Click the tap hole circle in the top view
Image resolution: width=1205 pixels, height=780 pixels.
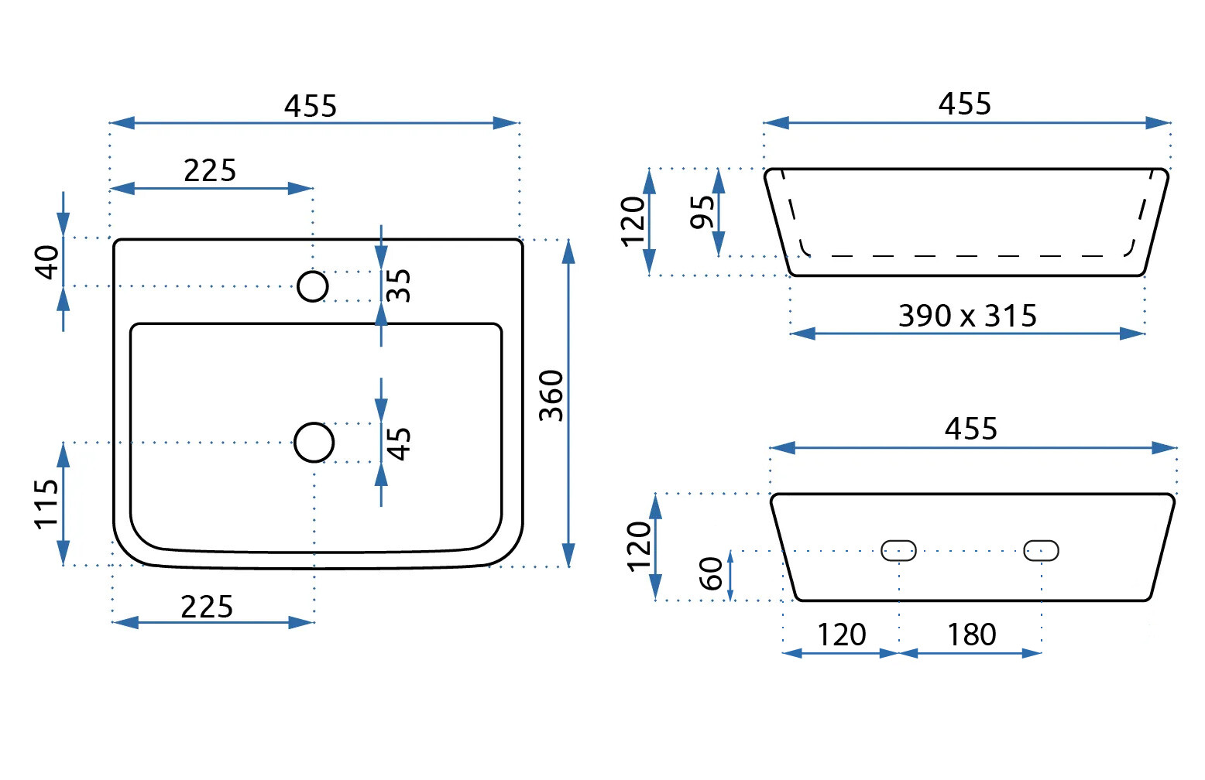tap(313, 286)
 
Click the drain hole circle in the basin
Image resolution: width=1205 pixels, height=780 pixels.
tap(314, 443)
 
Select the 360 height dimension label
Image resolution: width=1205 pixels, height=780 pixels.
tap(551, 395)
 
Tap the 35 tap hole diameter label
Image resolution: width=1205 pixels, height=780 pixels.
tap(398, 286)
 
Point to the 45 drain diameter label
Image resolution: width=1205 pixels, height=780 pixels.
tap(398, 443)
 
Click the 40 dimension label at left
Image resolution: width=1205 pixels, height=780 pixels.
tap(47, 262)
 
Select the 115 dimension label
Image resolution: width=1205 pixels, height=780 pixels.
tap(47, 504)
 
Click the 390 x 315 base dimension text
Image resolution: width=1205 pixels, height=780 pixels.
tap(967, 316)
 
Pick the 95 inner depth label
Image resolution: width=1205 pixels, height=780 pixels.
tap(702, 212)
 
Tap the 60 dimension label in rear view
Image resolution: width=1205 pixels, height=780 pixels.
tap(710, 573)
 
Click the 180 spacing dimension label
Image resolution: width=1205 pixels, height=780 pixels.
tap(971, 635)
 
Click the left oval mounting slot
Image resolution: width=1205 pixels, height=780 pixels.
tap(898, 550)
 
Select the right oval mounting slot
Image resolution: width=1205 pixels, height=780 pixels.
tap(1041, 550)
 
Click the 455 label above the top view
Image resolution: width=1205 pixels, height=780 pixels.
tap(311, 106)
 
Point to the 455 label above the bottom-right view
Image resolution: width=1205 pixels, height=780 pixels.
tap(971, 428)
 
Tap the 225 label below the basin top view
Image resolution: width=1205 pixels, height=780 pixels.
tap(207, 607)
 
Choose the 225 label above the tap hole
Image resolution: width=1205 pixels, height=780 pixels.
tap(210, 170)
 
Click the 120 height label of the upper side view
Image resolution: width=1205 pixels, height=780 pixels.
tap(633, 221)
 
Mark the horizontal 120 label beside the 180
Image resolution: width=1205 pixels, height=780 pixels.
tap(841, 635)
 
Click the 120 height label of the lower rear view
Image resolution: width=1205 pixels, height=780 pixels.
tap(640, 546)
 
